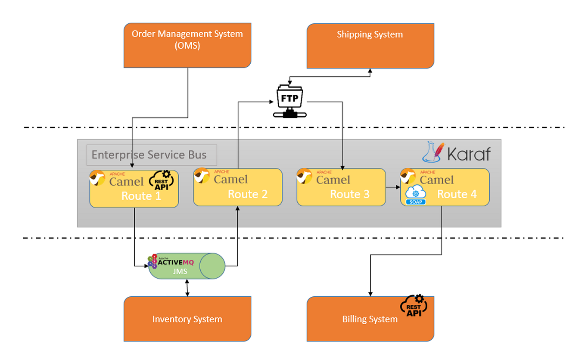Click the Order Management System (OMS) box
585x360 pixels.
[187, 45]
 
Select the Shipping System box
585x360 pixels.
[370, 46]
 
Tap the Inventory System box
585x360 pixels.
[187, 319]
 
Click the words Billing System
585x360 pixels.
[370, 319]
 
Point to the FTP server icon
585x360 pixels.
[289, 102]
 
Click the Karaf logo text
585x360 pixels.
[469, 153]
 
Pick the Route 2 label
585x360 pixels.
[247, 194]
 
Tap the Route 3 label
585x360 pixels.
[349, 194]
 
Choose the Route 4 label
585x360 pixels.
[457, 194]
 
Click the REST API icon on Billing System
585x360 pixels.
[414, 306]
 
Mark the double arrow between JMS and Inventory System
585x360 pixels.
[187, 288]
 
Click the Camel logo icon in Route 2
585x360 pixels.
[202, 176]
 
